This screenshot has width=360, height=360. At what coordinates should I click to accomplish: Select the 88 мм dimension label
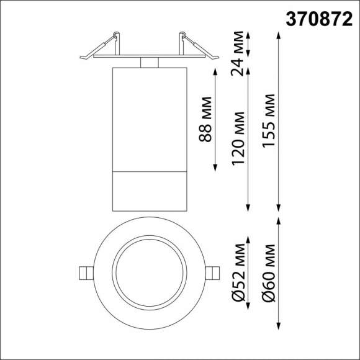click(206, 120)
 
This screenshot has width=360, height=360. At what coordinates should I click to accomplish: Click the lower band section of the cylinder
click(148, 189)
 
